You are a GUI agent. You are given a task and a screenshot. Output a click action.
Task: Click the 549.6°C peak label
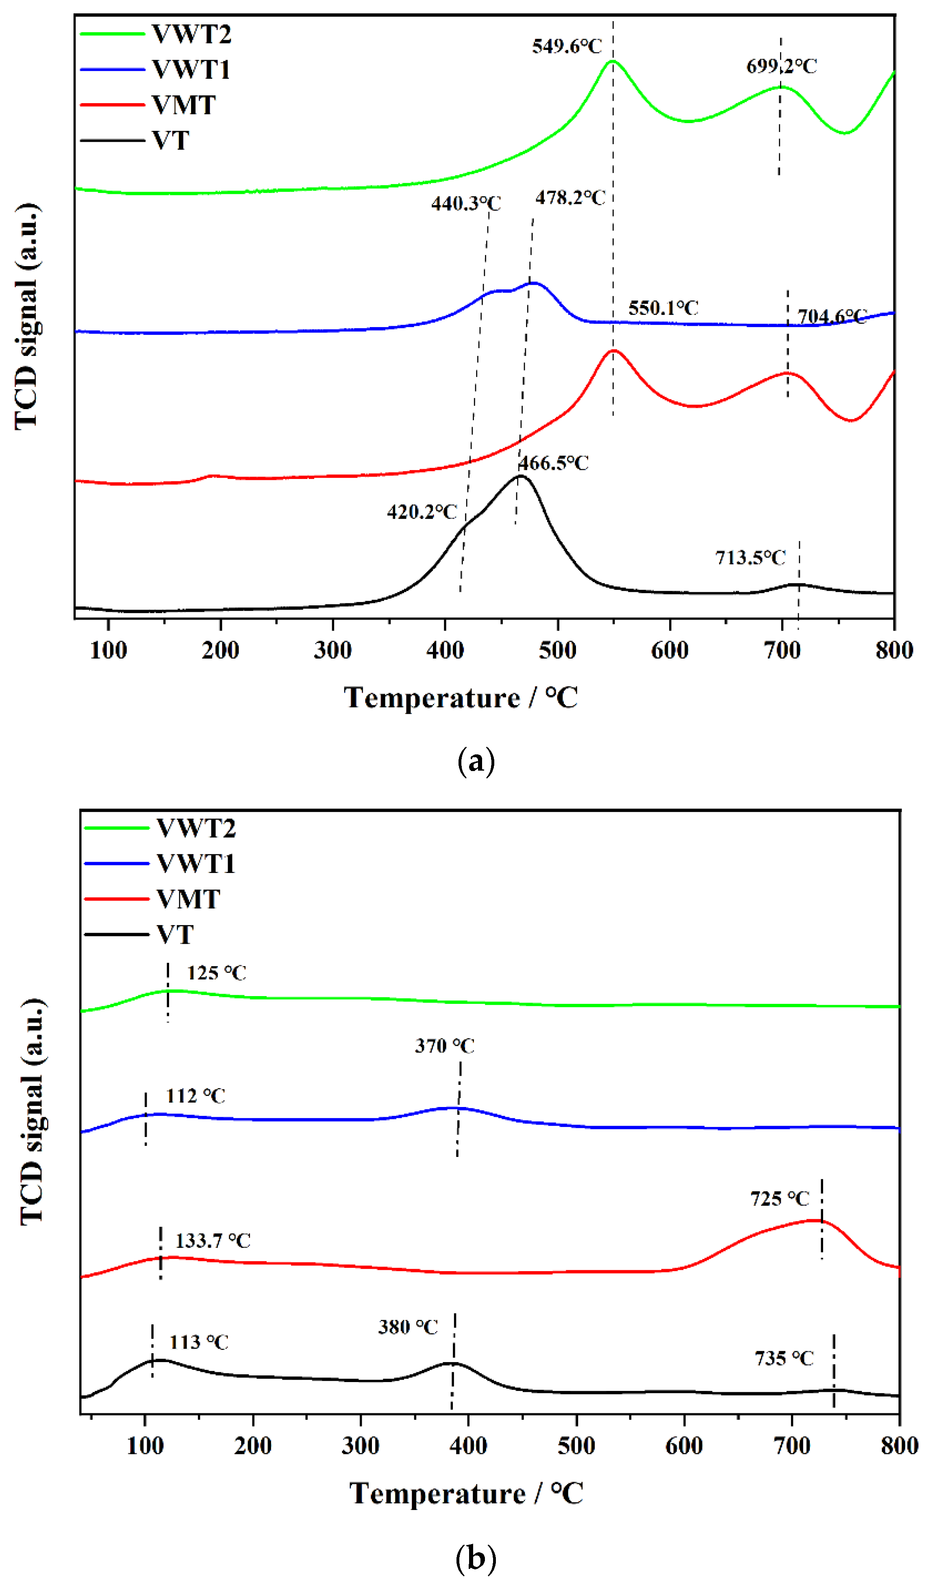[x=566, y=46]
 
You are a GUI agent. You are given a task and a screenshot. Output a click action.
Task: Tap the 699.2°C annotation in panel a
[x=781, y=66]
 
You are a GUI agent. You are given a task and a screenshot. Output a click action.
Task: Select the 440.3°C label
[x=466, y=204]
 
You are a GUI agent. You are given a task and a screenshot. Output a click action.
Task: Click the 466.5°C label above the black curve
[x=554, y=463]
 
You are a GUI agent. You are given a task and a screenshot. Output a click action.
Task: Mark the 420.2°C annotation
[x=422, y=512]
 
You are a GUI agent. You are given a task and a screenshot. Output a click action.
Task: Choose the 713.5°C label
[x=750, y=557]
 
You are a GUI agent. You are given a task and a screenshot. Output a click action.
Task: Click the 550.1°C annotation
[x=663, y=308]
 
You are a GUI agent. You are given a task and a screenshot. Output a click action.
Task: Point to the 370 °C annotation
[x=444, y=1046]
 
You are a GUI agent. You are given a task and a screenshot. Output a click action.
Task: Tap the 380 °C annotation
[x=408, y=1327]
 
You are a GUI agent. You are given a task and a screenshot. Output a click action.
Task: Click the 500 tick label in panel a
[x=557, y=650]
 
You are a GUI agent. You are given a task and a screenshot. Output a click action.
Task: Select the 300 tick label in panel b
[x=361, y=1445]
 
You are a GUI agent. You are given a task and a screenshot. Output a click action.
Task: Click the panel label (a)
[x=476, y=762]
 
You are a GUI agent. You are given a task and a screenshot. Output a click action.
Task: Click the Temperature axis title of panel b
[x=467, y=1493]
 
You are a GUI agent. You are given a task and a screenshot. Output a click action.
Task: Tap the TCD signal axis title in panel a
[x=26, y=316]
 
